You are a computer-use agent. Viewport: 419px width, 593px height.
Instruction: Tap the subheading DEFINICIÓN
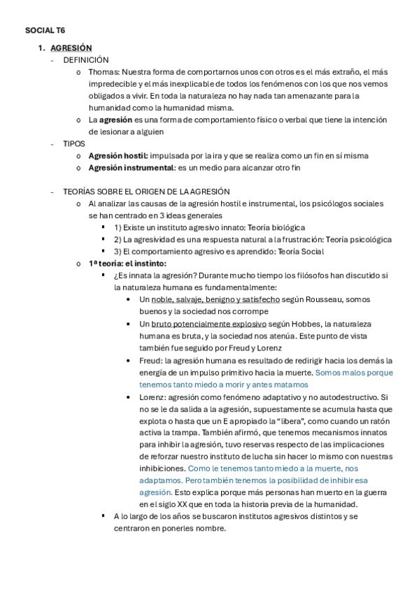click(86, 60)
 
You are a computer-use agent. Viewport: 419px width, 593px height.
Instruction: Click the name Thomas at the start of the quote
click(103, 72)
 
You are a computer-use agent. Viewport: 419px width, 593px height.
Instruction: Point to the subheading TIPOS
click(73, 143)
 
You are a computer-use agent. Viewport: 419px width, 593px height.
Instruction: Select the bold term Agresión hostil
click(118, 155)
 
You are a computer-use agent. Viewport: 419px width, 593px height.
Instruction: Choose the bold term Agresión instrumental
click(130, 167)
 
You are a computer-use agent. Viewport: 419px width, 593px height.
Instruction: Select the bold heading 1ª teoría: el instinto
click(127, 263)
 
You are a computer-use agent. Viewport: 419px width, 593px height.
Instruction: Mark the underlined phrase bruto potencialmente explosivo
click(208, 324)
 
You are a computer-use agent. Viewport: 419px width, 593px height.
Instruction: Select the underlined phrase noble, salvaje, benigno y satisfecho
click(215, 299)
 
